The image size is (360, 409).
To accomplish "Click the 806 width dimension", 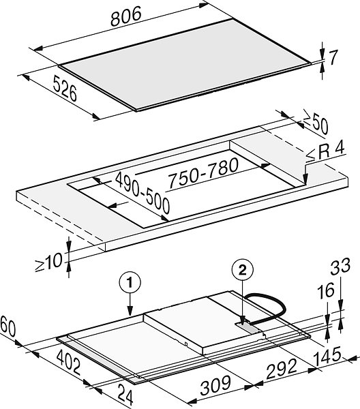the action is (126, 16).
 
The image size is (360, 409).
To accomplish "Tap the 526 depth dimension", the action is (65, 88).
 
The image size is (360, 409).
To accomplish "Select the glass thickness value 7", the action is (333, 58).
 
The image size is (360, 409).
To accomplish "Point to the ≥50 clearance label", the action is (316, 125).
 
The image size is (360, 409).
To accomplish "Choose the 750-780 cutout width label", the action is (202, 173).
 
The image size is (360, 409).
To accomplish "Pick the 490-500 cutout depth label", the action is (142, 192).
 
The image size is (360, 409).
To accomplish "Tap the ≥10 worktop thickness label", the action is (49, 262).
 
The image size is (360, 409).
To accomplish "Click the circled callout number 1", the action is (130, 282).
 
